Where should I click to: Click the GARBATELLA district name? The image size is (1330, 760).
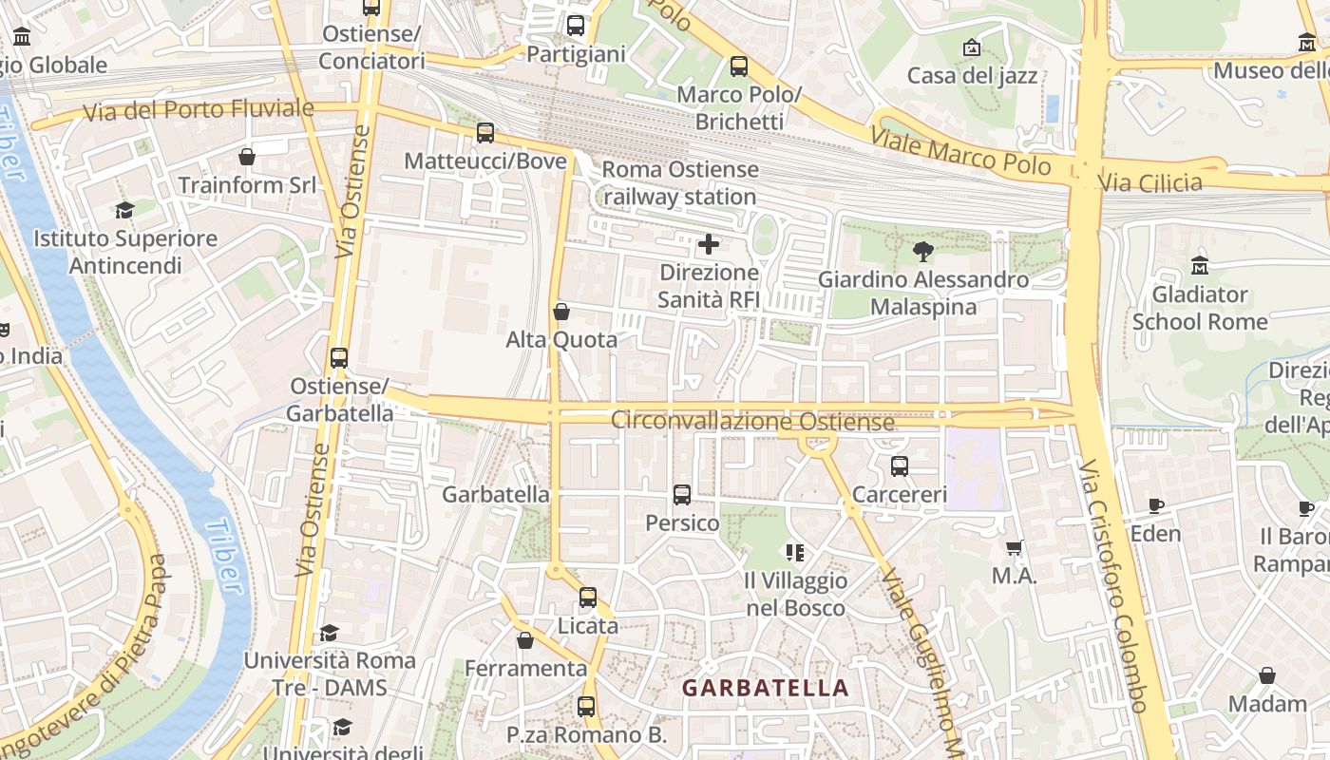coord(765,688)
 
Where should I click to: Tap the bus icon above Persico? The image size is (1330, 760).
coord(681,494)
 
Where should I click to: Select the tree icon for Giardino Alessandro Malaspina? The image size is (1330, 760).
coord(922,252)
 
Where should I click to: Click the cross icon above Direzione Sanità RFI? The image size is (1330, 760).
coord(709,245)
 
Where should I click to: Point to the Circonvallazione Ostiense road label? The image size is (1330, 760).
coord(752,420)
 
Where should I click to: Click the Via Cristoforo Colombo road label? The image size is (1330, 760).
coord(1115,586)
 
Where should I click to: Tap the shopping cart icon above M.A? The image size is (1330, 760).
coord(1014,547)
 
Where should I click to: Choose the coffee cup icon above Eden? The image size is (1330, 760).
coord(1155,505)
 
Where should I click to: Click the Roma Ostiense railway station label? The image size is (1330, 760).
coord(680,183)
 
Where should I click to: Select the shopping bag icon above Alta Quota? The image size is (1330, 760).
coord(561,312)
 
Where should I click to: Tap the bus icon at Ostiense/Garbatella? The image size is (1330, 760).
coord(339,358)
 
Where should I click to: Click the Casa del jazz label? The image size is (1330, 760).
coord(972,75)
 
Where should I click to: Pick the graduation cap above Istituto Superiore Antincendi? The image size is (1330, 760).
coord(124,210)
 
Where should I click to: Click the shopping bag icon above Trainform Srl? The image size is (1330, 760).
coord(247,157)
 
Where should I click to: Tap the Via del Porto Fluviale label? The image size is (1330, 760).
coord(198,110)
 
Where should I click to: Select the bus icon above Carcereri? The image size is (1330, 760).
coord(899,466)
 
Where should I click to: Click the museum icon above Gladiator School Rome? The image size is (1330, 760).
coord(1199,266)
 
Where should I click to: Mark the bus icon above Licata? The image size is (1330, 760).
coord(587,598)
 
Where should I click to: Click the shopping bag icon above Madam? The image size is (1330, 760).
coord(1266,675)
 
